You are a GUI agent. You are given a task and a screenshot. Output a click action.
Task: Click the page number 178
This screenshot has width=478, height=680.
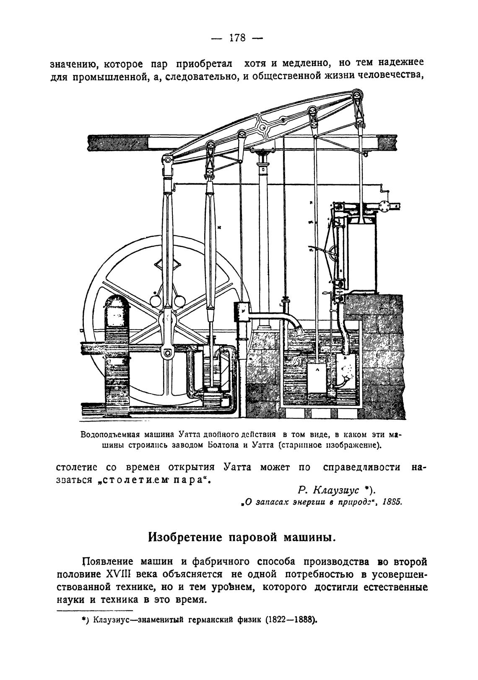tap(237, 38)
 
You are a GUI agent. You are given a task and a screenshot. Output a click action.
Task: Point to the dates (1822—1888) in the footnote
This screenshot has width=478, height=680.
tap(291, 619)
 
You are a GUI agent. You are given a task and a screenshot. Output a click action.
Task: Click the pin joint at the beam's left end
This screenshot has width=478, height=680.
tap(167, 160)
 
